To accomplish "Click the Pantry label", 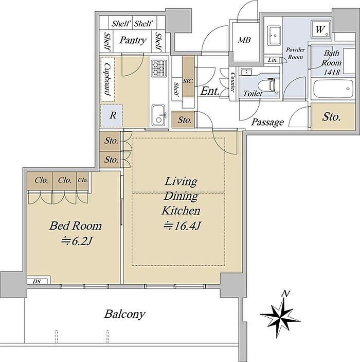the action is click(133, 41).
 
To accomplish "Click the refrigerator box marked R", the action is click(112, 115).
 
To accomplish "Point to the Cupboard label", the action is click(107, 79).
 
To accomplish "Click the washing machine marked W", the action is click(320, 29).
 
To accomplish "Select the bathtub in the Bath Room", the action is click(333, 89).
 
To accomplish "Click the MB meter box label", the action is click(244, 40).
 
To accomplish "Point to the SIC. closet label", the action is click(188, 81).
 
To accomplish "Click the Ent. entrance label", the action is click(210, 91).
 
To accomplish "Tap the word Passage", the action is click(267, 122).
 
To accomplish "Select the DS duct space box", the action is click(37, 282).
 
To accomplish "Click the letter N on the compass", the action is click(285, 294).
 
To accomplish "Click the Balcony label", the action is click(124, 314).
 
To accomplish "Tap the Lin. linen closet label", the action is click(273, 60).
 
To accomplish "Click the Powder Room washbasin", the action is click(274, 36).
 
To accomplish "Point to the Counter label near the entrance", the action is click(232, 83).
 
